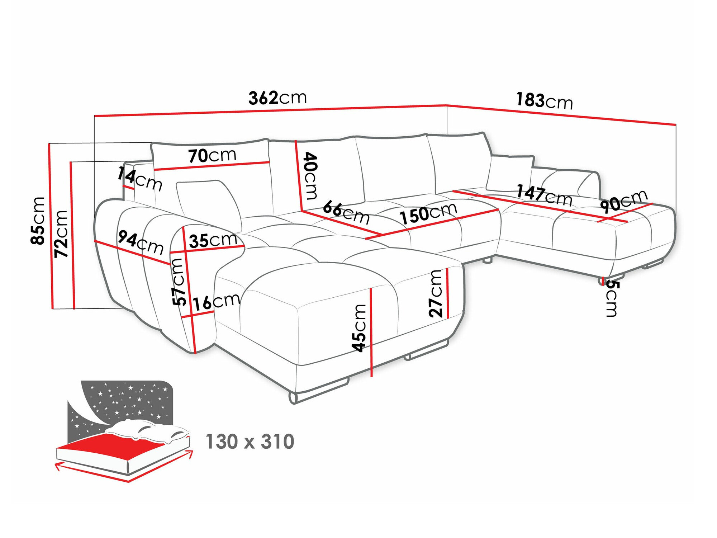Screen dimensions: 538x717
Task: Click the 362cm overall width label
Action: [277, 98]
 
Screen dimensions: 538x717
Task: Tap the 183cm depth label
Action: [544, 101]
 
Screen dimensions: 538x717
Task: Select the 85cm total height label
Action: [38, 221]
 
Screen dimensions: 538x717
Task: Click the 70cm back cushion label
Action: [212, 156]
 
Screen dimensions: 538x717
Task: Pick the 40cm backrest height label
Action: [310, 175]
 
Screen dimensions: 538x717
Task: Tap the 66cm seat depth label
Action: [346, 212]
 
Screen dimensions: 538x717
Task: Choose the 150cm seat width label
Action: [428, 213]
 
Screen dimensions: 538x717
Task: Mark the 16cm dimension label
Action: [216, 302]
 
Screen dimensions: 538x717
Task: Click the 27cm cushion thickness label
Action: [436, 293]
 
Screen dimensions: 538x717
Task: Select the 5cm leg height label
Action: [612, 298]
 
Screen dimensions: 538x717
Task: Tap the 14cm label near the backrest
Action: [139, 179]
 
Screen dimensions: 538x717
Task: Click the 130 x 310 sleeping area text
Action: [250, 442]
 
